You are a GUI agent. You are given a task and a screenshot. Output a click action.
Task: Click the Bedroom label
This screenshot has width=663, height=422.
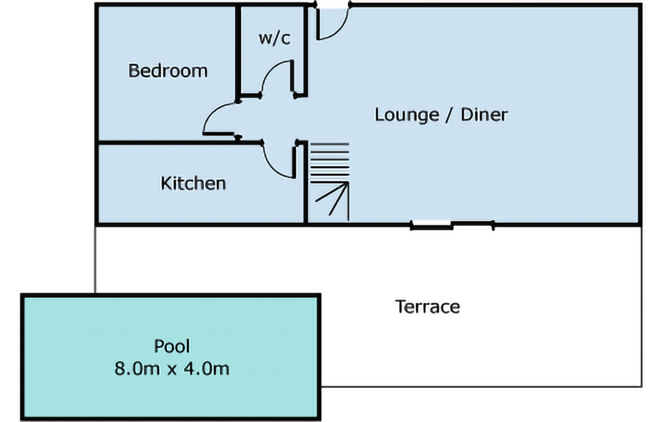(168, 71)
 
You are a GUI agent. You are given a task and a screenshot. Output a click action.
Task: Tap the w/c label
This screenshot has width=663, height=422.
(275, 38)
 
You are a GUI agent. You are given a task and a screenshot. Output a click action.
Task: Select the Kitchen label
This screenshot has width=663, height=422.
(193, 184)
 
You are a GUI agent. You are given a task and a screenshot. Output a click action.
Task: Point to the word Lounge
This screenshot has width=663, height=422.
(407, 115)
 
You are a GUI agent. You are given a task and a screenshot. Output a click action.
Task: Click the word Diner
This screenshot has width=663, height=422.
(484, 115)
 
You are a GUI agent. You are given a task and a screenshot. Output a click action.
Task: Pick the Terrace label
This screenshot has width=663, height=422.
(427, 307)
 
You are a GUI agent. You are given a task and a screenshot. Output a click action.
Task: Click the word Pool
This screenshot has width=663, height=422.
(172, 346)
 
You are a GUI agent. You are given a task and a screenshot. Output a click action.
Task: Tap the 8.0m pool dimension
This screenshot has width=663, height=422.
(137, 368)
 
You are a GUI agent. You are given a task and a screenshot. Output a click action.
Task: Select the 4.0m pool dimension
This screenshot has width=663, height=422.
(207, 368)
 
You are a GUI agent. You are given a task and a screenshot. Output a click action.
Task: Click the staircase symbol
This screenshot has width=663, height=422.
(330, 182)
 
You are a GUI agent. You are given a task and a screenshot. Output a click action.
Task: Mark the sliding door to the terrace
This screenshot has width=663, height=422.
(452, 225)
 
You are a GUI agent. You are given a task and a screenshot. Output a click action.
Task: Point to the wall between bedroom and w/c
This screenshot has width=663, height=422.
(238, 52)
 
